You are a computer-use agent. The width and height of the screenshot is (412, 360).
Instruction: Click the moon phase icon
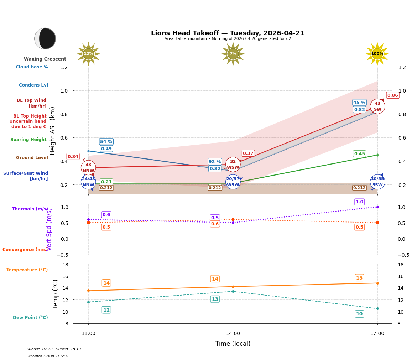(45, 38)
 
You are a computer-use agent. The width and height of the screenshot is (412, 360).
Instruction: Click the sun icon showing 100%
(377, 54)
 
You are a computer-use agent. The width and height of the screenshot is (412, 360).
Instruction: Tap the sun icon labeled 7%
(233, 54)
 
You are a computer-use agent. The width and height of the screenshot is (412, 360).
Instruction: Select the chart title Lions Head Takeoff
(228, 33)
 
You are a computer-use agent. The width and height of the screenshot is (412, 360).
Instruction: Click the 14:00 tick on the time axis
(233, 334)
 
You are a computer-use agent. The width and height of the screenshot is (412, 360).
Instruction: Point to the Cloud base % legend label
(32, 67)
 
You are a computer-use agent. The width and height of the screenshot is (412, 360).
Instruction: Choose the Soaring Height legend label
(28, 140)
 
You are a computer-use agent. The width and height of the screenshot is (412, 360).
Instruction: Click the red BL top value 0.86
(392, 95)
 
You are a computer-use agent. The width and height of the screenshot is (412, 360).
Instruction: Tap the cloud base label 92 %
(215, 162)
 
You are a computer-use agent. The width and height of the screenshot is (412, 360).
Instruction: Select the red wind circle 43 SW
(377, 106)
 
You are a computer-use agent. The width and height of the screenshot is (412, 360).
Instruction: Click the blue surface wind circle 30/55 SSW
(377, 182)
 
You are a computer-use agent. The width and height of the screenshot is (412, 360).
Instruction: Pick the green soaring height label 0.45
(359, 154)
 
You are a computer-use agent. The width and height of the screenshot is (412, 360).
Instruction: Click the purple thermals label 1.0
(359, 202)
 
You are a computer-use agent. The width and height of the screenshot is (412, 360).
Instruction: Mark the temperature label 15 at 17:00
(359, 278)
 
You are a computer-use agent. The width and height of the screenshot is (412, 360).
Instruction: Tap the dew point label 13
(215, 299)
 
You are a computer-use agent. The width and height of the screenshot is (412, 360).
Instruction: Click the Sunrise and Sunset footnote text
(54, 349)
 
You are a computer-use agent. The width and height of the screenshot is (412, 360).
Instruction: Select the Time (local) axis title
(233, 344)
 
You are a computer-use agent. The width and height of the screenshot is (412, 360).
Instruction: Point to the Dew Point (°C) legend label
(30, 318)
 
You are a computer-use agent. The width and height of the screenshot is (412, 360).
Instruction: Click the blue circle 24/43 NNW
(88, 182)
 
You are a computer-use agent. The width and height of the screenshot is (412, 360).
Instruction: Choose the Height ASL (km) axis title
(53, 131)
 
